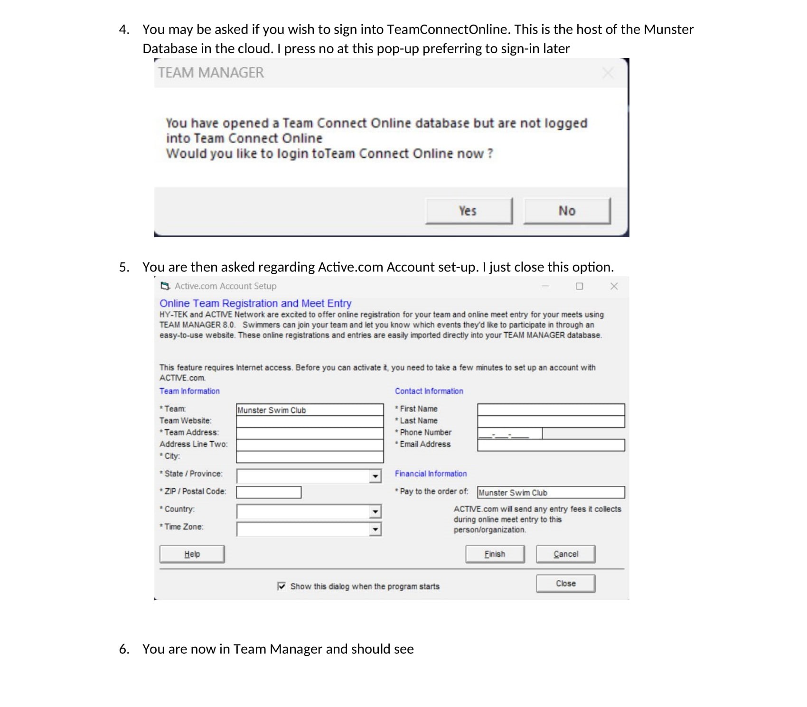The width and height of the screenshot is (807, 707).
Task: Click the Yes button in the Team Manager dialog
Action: click(469, 211)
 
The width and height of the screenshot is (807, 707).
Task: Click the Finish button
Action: click(495, 554)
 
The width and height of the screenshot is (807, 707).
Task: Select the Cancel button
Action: click(565, 554)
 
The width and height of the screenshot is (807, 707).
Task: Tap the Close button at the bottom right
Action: click(565, 583)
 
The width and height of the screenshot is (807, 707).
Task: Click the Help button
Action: click(192, 554)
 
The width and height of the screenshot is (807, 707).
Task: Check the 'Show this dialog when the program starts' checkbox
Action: click(282, 586)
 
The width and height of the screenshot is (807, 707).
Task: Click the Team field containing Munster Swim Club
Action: click(310, 410)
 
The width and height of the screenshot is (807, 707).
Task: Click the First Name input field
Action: click(551, 409)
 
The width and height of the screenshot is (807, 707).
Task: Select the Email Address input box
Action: click(551, 445)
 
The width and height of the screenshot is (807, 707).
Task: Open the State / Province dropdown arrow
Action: click(375, 476)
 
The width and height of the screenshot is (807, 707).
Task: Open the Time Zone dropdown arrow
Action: click(375, 529)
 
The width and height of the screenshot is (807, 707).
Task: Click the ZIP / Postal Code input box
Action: click(269, 492)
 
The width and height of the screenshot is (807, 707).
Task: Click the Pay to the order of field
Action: click(551, 493)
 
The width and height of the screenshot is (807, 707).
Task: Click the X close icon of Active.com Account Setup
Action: click(614, 286)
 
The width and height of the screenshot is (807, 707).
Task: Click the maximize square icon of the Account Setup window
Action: click(579, 286)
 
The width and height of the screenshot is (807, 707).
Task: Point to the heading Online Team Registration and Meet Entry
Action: click(255, 303)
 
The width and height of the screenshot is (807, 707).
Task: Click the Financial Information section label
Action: click(431, 474)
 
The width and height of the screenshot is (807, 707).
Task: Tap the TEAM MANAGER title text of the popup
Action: click(211, 73)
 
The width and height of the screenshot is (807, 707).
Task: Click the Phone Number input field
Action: click(509, 433)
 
